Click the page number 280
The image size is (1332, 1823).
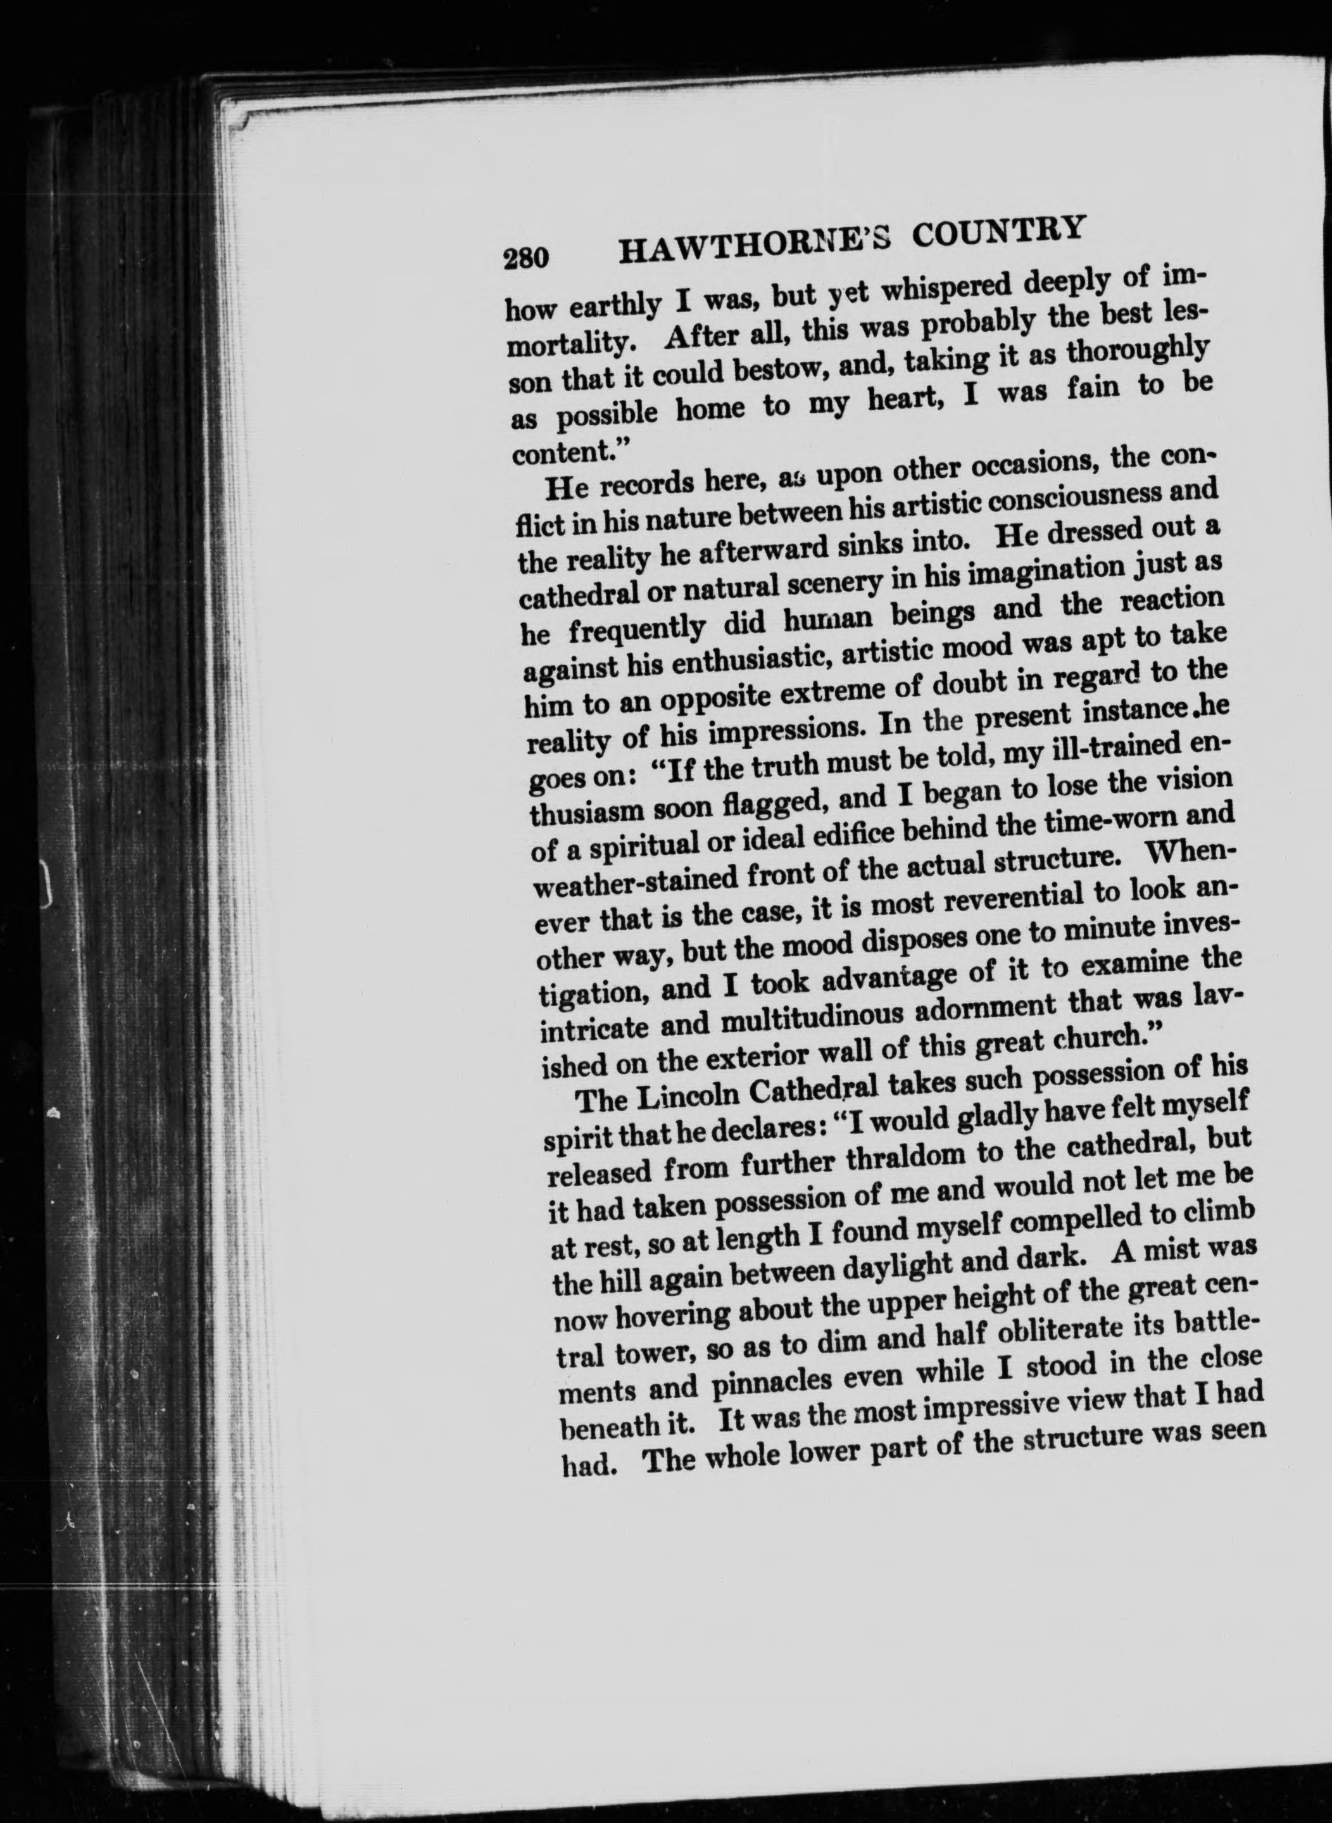[x=525, y=257]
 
